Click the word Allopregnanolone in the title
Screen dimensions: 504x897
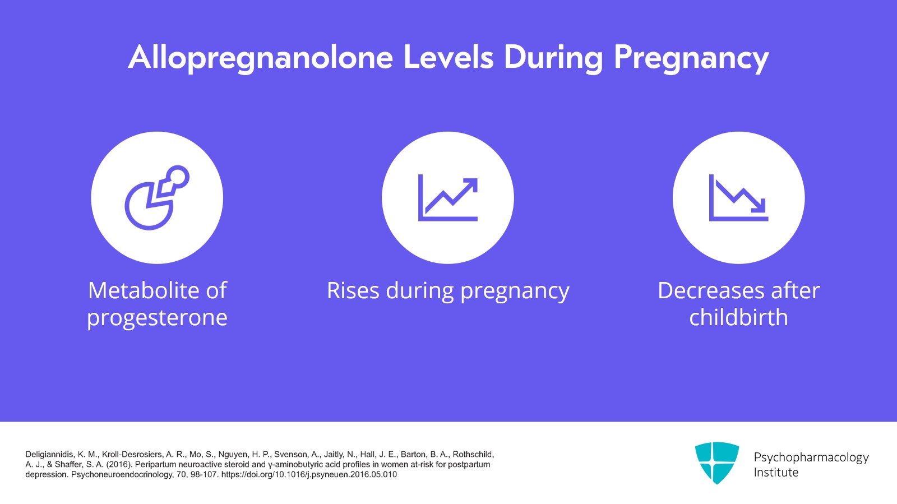point(261,58)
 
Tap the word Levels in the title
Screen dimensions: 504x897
point(449,58)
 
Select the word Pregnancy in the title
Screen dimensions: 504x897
point(691,58)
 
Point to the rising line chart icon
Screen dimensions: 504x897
point(447,198)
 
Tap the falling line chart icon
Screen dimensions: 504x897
point(738,198)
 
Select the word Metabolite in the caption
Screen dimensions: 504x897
point(144,290)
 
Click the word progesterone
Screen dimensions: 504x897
point(157,317)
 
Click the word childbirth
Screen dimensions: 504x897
point(738,317)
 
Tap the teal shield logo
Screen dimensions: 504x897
point(716,462)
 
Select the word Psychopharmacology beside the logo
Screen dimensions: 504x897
point(811,457)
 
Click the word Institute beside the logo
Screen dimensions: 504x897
point(775,472)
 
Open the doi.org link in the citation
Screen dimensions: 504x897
point(309,474)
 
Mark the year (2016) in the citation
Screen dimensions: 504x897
point(119,464)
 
